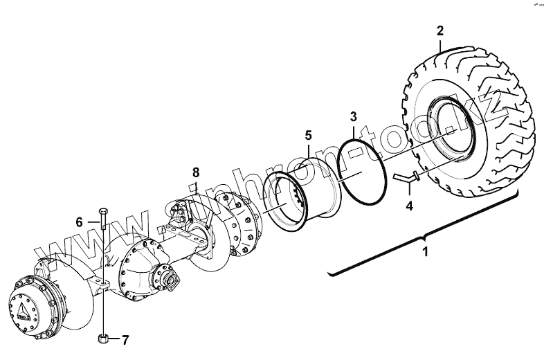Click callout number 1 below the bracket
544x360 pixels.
[x=426, y=252]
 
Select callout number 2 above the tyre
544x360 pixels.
[x=440, y=30]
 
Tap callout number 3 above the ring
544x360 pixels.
[x=354, y=116]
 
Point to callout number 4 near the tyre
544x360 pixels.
[x=409, y=206]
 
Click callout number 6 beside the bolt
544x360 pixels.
[x=80, y=222]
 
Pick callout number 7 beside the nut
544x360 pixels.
[x=125, y=340]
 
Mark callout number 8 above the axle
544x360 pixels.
[x=196, y=171]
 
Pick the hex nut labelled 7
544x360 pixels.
[x=102, y=339]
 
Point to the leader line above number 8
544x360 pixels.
[x=196, y=186]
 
